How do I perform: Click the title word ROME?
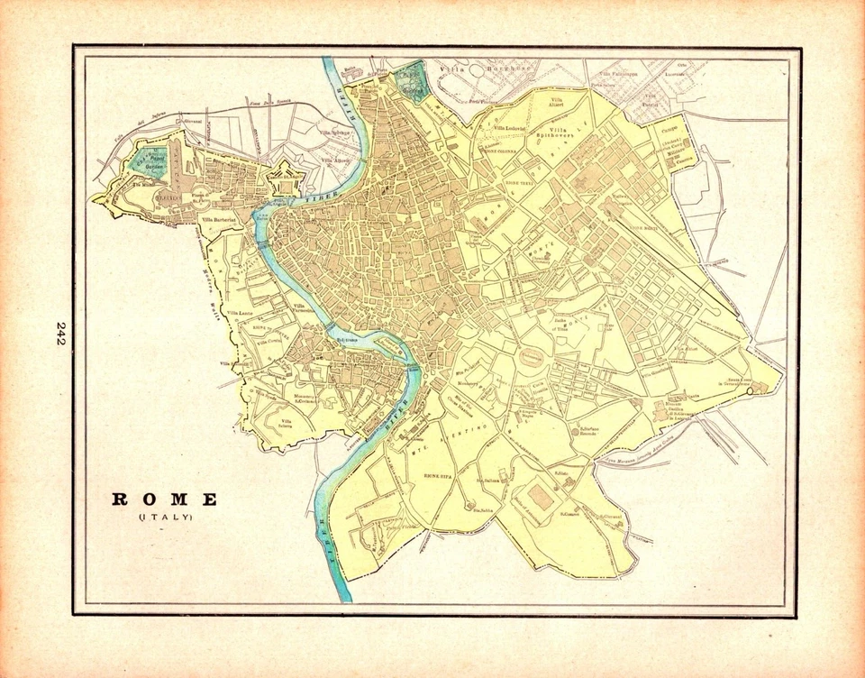pos(165,499)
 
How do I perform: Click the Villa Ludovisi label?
pos(502,129)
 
